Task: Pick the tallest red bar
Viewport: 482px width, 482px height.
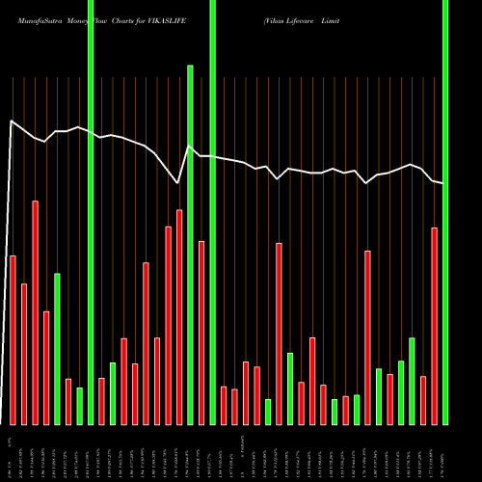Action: pos(36,312)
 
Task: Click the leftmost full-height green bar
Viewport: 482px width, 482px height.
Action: pos(91,212)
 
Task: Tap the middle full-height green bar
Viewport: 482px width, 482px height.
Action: pos(212,212)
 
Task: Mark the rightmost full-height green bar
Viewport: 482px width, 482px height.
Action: pos(445,212)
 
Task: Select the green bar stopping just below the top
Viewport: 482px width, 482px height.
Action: pos(190,245)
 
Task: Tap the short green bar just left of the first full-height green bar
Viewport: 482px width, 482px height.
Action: pos(80,406)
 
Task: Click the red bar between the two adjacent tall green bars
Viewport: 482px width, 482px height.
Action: pos(201,333)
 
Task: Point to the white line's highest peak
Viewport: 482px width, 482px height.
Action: pos(11,120)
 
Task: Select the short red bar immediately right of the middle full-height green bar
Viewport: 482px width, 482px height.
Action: pos(224,405)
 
